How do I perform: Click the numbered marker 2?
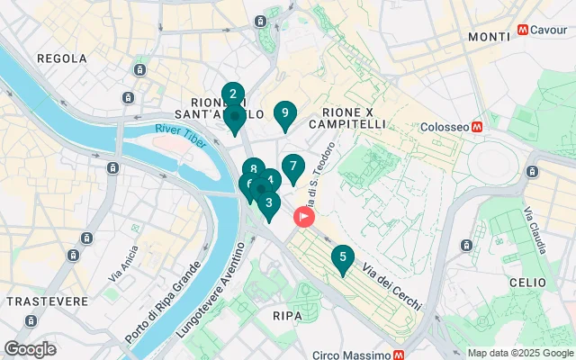click(233, 94)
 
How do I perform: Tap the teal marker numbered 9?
click(284, 113)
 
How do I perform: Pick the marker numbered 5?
click(341, 257)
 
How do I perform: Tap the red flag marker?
click(304, 217)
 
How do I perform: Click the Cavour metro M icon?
click(523, 30)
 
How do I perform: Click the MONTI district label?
click(489, 36)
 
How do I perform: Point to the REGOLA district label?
click(61, 58)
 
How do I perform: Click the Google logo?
click(30, 349)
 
